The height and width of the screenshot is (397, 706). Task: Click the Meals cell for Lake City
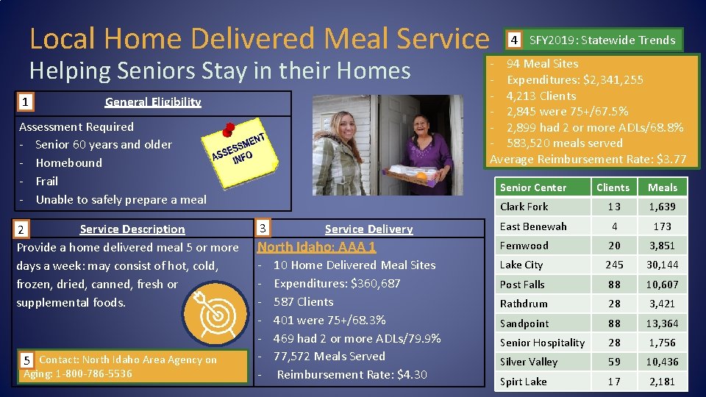662,265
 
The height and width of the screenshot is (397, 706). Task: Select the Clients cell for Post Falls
613,285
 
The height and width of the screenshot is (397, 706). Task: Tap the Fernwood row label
524,246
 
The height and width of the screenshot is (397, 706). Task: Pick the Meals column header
662,187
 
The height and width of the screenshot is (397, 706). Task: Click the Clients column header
613,187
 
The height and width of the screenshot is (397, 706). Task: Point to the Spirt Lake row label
524,382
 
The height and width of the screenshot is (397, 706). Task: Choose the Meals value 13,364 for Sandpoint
662,323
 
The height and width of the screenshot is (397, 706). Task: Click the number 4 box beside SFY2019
515,40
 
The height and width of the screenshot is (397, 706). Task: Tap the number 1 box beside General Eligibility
26,102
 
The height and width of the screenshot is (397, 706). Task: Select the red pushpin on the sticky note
228,130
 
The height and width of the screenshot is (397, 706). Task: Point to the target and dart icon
218,315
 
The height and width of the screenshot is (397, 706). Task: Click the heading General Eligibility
153,102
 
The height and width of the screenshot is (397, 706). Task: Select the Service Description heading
132,229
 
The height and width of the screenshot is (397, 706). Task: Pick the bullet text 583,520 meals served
565,143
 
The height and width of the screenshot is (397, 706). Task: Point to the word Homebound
69,162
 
